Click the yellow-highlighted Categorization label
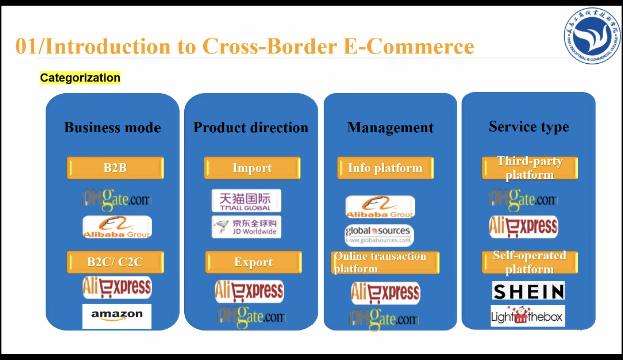80,78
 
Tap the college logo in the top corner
591,35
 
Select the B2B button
115,168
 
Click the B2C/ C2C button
115,262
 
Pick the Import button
252,168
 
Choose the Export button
253,262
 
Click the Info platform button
385,168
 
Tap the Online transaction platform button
385,262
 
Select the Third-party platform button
530,168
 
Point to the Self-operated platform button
530,262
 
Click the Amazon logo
117,316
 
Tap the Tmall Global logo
246,200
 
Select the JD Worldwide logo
246,227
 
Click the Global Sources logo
379,234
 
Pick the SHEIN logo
528,291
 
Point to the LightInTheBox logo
527,316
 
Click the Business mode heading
112,127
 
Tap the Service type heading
529,127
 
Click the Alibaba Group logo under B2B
117,227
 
